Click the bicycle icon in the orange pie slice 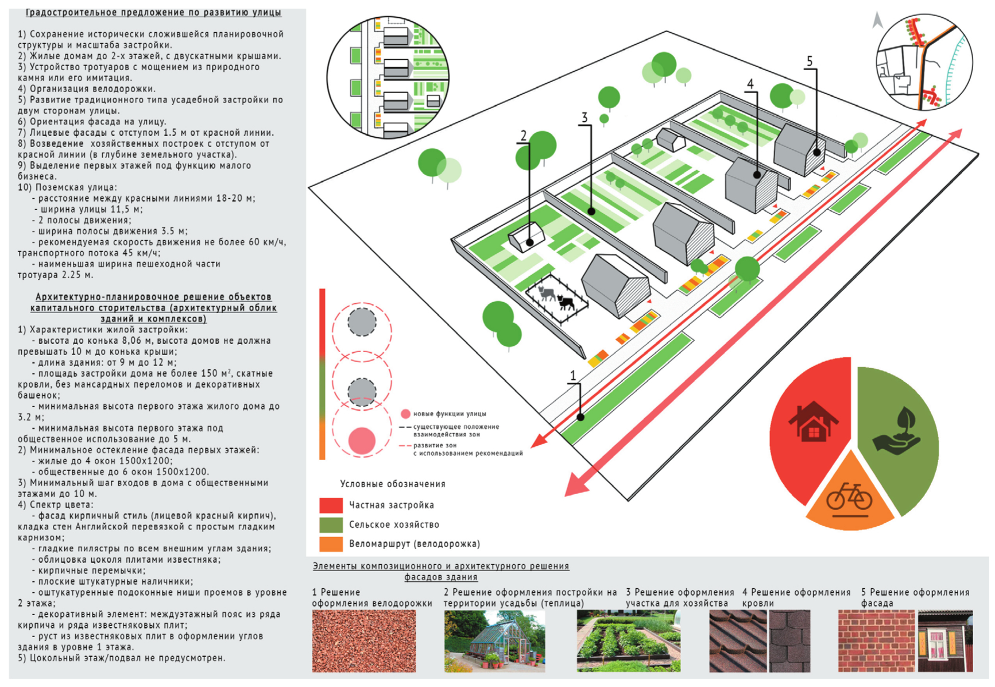(x=849, y=497)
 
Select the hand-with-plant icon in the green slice (x=897, y=431)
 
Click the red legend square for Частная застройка (x=331, y=505)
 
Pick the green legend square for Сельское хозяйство (x=331, y=524)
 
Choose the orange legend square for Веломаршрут (x=331, y=543)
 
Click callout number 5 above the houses (x=810, y=61)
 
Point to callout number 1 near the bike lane (x=572, y=376)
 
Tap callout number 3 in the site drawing (x=584, y=118)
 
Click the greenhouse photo (x=494, y=640)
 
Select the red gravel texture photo (x=363, y=640)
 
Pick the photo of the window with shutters (x=945, y=640)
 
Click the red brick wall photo (x=876, y=640)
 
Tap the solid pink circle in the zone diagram (x=362, y=441)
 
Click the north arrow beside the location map (x=877, y=21)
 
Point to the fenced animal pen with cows (x=556, y=298)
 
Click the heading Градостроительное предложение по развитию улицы (x=153, y=12)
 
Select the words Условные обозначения (x=393, y=484)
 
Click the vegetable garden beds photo (x=628, y=640)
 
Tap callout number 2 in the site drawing (x=523, y=136)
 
